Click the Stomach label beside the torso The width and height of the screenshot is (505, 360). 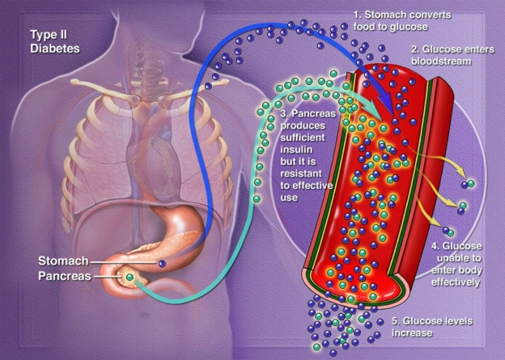[x=61, y=261]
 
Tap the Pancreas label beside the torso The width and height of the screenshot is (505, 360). [x=63, y=277]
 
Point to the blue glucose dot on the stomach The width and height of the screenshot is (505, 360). [x=163, y=264]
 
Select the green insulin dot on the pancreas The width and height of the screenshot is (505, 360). [x=129, y=277]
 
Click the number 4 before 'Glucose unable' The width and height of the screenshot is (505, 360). [x=435, y=245]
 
